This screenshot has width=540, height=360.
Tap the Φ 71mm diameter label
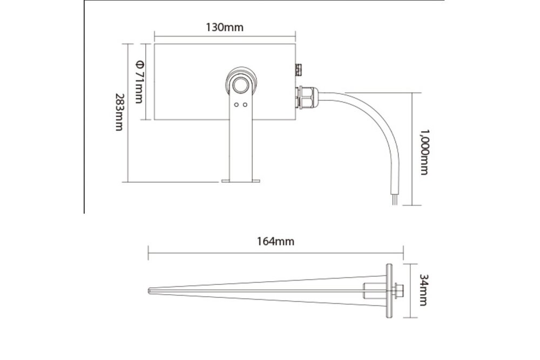139,81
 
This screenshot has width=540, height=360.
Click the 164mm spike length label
276,241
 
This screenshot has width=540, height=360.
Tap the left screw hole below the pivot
236,105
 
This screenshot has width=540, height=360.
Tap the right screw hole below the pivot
245,105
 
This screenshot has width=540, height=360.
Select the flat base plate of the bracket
241,181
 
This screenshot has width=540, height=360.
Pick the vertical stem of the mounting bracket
241,146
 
